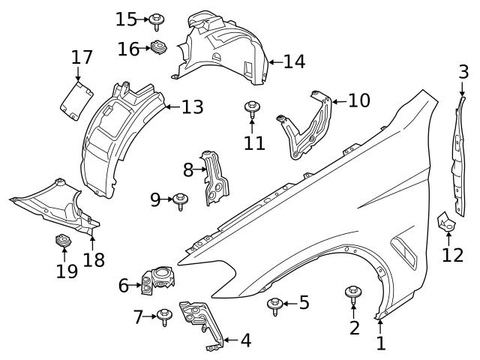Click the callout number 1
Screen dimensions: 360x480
tap(380, 344)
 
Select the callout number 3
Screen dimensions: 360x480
tap(463, 72)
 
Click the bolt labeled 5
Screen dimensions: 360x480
tap(274, 304)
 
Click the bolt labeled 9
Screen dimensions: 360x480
tap(180, 200)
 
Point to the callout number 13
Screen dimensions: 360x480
tap(192, 107)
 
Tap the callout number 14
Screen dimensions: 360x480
tap(294, 61)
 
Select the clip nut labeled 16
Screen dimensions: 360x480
tap(158, 48)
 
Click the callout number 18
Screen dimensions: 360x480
tap(94, 259)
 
